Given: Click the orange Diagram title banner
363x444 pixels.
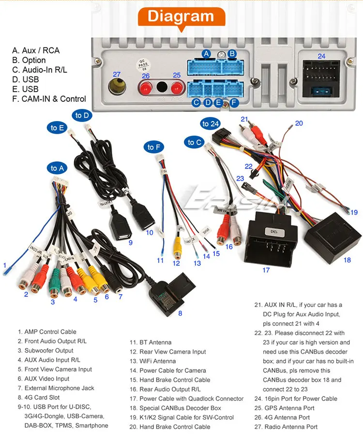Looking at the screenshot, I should click(x=181, y=16).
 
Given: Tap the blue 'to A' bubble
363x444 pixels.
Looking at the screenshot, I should click(x=57, y=168).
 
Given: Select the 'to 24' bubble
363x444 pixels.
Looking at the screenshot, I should click(x=211, y=124).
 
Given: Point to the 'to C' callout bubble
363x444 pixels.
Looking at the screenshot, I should click(x=195, y=142).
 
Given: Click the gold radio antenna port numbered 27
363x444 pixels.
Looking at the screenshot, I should click(x=117, y=89).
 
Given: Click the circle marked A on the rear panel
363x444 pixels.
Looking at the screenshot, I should click(x=207, y=53).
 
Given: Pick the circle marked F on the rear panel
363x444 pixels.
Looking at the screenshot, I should click(x=234, y=102).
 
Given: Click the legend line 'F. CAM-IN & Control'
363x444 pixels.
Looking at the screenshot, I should click(x=49, y=99).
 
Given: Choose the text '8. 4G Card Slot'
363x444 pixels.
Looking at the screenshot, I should click(x=39, y=397).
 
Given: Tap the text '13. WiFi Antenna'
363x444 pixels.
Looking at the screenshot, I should click(x=157, y=361).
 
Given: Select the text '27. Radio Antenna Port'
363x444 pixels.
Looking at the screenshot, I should click(x=286, y=427).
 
